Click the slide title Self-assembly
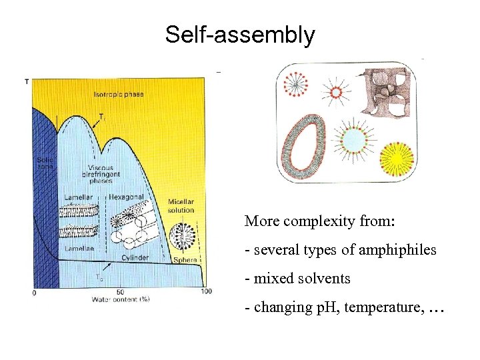pos(240,34)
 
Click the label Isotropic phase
pos(119,95)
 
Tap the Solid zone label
pos(45,162)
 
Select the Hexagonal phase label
pos(126,198)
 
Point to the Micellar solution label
pos(181,205)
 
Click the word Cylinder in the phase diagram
pos(135,257)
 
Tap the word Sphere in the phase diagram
pos(185,260)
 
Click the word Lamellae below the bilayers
pos(79,247)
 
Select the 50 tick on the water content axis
pos(119,291)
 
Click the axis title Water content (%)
pos(121,299)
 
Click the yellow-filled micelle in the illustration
pos(396,157)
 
